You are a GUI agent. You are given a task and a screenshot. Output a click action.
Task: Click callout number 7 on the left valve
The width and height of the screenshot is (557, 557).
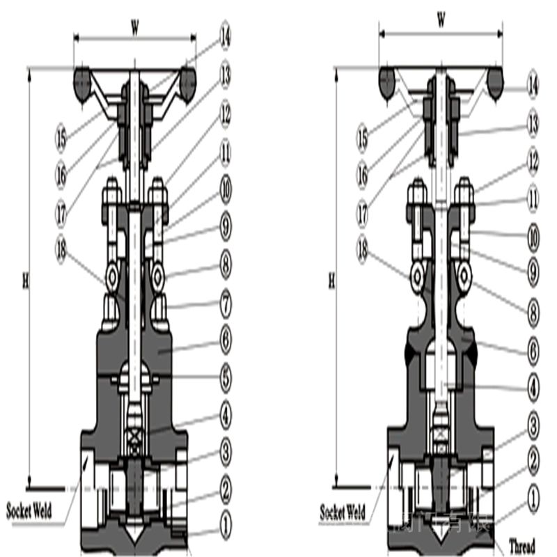point(226,304)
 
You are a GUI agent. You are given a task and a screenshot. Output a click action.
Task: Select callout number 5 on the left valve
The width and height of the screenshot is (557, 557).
point(226,377)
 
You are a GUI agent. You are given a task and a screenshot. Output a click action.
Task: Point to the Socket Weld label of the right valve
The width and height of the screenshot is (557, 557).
point(343,513)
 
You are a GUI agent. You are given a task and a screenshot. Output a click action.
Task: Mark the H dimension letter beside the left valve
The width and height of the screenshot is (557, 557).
point(25,281)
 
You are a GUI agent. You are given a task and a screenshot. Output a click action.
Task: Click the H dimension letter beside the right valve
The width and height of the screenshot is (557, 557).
point(331,281)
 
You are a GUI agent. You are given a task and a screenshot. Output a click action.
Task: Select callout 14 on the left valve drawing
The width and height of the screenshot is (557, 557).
point(226,36)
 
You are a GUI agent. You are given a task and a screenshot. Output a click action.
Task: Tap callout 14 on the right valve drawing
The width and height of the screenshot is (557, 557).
point(533,86)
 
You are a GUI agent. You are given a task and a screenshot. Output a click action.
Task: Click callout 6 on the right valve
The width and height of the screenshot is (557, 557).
point(533,351)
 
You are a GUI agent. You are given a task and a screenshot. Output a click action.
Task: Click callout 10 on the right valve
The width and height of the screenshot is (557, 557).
point(533,238)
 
